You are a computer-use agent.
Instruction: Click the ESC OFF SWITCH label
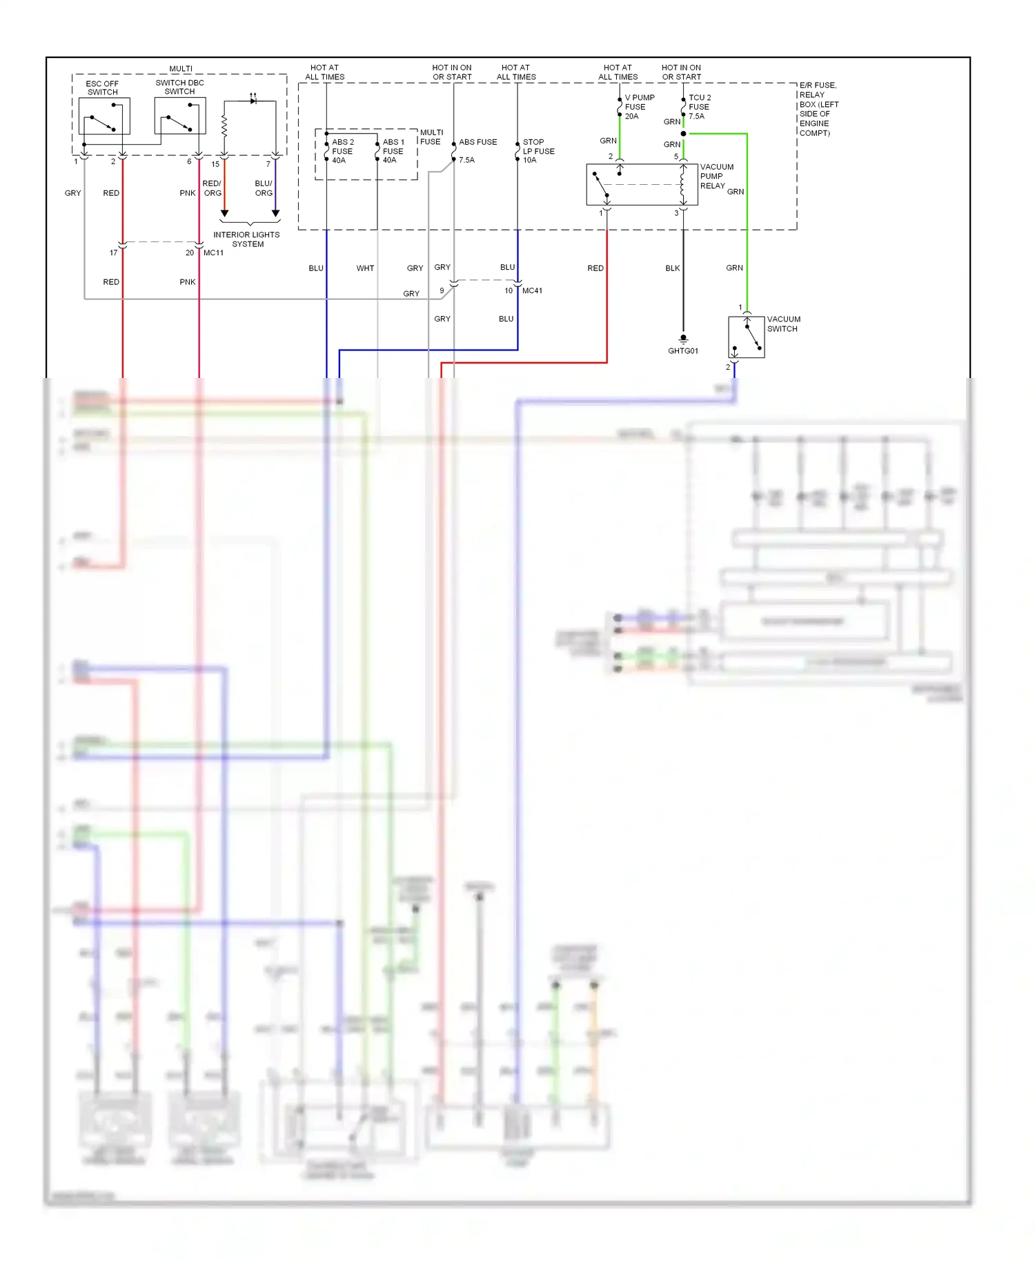102,88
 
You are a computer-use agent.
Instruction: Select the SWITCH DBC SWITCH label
179,87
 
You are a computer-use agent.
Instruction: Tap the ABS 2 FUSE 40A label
342,151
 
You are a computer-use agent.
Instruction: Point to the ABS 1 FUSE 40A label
393,151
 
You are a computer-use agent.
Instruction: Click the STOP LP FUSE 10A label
538,151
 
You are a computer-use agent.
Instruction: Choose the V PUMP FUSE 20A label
639,107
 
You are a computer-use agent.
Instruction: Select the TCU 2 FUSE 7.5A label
699,107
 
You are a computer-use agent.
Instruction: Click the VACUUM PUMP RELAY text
716,177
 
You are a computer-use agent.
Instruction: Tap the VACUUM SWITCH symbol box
746,337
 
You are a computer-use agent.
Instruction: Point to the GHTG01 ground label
682,351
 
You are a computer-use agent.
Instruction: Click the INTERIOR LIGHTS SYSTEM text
246,239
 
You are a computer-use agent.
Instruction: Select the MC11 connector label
213,253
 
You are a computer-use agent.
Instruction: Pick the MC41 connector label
532,291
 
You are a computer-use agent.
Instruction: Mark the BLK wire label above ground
672,268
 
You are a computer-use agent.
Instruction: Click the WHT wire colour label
365,268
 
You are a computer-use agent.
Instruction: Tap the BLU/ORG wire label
264,188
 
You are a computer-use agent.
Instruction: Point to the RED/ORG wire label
212,188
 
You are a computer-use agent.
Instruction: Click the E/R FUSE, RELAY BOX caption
818,109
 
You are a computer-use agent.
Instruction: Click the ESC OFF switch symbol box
104,116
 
